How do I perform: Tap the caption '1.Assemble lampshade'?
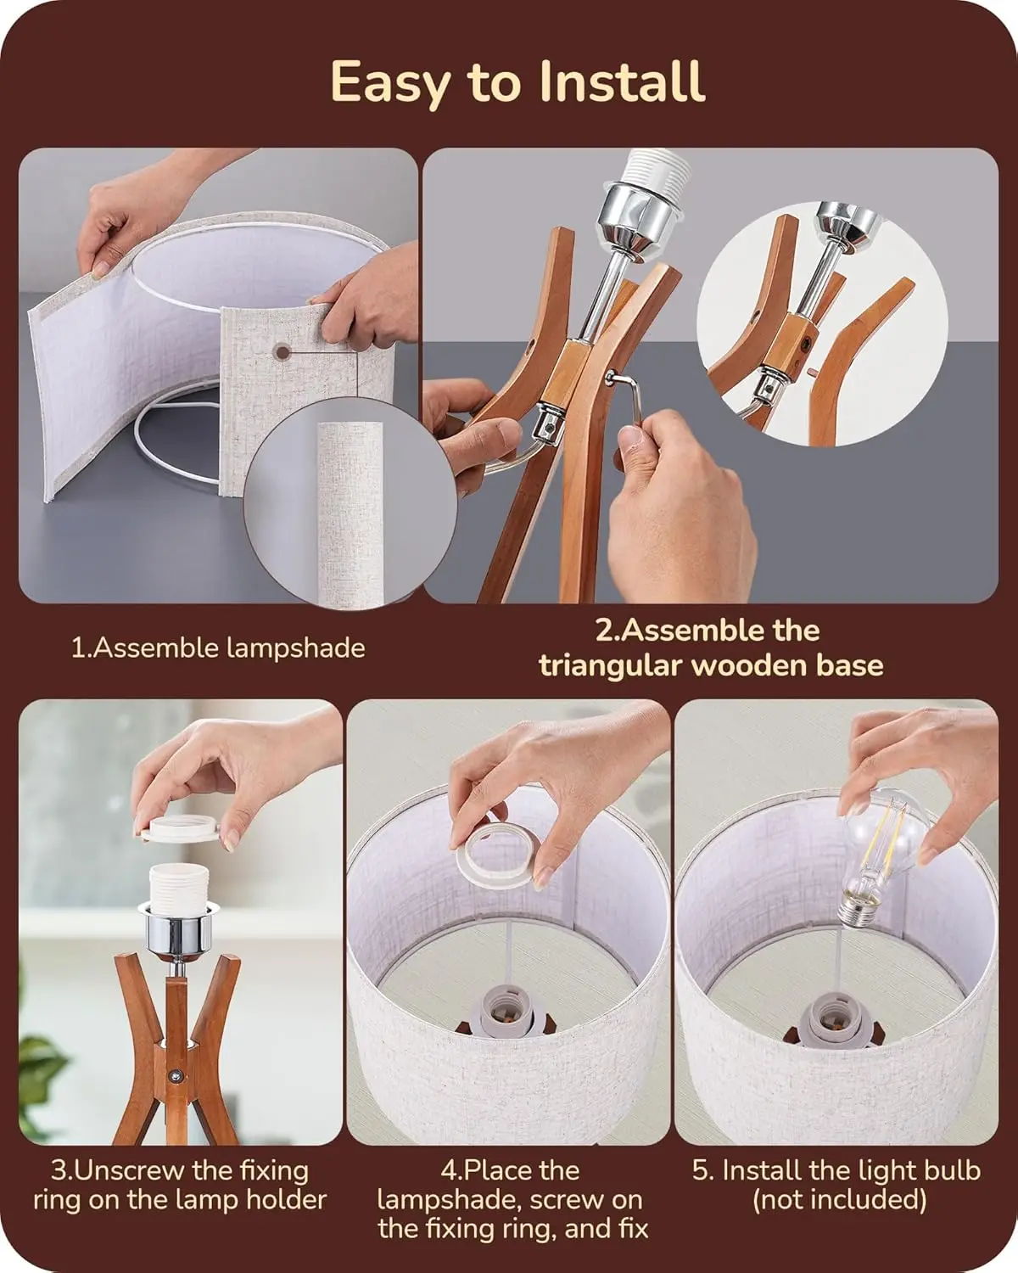pos(218,648)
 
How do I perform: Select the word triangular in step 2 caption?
pos(610,665)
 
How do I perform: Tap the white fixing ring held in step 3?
pos(181,828)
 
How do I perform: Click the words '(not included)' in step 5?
pos(839,1199)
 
